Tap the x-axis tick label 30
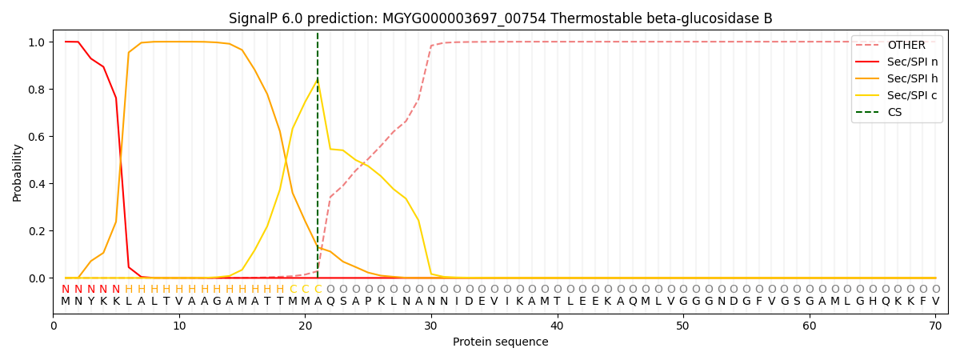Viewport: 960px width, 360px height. click(x=431, y=326)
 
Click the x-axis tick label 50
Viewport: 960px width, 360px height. click(x=682, y=326)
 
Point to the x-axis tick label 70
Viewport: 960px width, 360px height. click(x=934, y=326)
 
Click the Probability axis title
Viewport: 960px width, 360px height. click(x=18, y=172)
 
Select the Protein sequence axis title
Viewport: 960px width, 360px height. click(x=501, y=342)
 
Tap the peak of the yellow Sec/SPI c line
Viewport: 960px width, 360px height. click(x=318, y=81)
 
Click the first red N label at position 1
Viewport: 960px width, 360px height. click(x=66, y=289)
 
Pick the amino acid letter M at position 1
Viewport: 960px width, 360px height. click(x=66, y=301)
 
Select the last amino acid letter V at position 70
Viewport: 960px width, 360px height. click(x=935, y=301)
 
